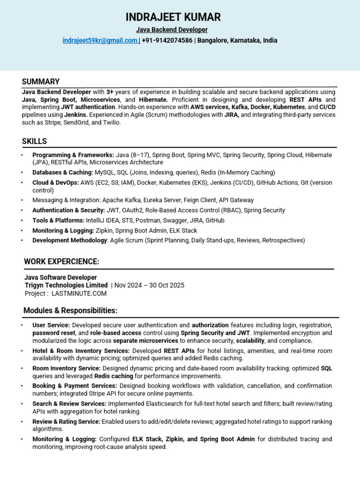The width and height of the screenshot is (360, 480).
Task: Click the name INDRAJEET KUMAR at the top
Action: click(173, 18)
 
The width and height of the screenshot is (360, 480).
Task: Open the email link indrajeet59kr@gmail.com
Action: click(99, 41)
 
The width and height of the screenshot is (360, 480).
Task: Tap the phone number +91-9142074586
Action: click(167, 41)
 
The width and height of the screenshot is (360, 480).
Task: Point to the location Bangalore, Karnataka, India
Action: click(237, 41)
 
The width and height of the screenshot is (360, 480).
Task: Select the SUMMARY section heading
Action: click(41, 82)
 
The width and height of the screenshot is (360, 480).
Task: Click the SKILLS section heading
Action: click(34, 141)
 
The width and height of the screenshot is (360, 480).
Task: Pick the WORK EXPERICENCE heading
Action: click(61, 262)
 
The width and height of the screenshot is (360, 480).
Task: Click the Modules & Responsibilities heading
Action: click(70, 311)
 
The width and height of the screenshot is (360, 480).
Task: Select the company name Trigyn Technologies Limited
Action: click(66, 285)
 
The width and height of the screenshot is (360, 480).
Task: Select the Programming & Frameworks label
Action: click(73, 155)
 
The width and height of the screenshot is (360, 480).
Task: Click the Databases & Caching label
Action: click(63, 172)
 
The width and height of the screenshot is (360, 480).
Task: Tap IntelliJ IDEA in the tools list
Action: click(104, 220)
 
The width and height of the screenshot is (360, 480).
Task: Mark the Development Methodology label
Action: click(70, 240)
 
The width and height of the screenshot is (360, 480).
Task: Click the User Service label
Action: click(51, 325)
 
